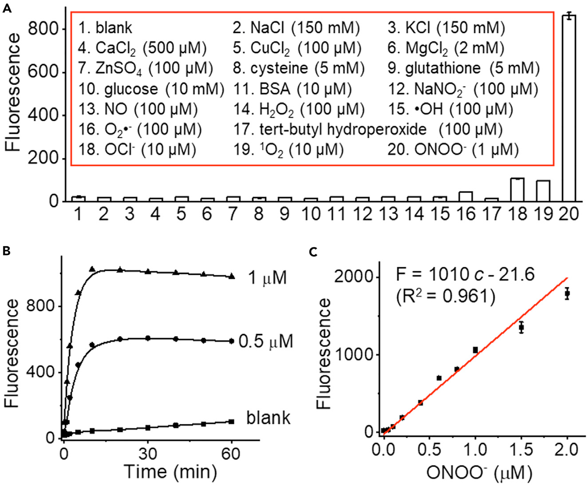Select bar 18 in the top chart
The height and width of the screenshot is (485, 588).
pyautogui.click(x=517, y=189)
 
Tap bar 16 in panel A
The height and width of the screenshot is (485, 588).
pyautogui.click(x=466, y=196)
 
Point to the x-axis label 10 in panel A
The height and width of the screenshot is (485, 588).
pyautogui.click(x=310, y=215)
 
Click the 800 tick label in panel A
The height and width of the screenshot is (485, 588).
pyautogui.click(x=43, y=29)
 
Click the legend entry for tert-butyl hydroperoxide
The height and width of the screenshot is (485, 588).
pyautogui.click(x=368, y=129)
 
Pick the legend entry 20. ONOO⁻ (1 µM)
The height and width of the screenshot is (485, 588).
pyautogui.click(x=453, y=150)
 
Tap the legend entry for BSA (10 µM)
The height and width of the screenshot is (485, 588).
pyautogui.click(x=292, y=89)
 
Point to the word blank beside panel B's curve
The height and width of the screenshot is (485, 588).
pyautogui.click(x=268, y=418)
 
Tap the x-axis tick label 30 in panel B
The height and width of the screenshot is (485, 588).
pyautogui.click(x=148, y=454)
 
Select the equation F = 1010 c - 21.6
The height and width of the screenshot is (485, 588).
pyautogui.click(x=465, y=275)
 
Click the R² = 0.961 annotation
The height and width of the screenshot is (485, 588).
pyautogui.click(x=445, y=295)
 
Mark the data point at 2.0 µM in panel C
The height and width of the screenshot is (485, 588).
pyautogui.click(x=567, y=293)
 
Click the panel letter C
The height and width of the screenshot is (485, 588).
pyautogui.click(x=313, y=252)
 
